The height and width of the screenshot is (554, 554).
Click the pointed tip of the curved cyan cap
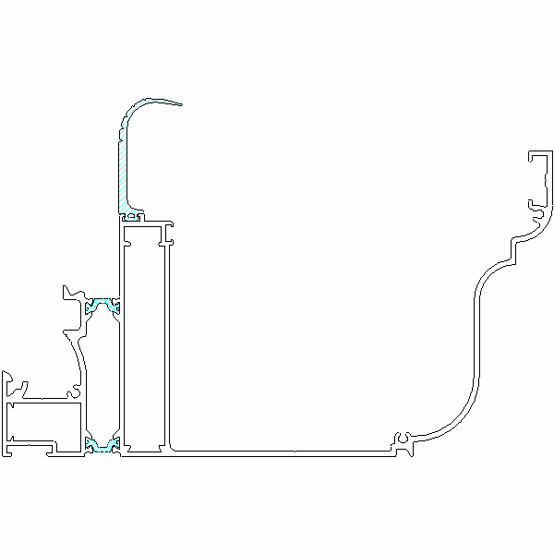tap(182, 104)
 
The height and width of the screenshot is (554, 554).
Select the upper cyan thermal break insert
tap(103, 305)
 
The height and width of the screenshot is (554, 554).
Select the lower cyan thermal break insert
tap(102, 447)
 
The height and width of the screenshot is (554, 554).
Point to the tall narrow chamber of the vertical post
tap(144, 342)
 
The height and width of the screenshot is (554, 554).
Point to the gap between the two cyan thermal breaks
tap(104, 374)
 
